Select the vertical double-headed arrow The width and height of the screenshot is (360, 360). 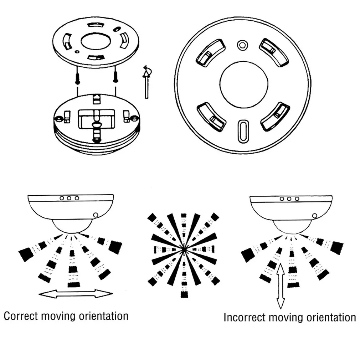pos(281,286)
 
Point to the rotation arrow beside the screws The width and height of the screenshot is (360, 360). pos(146,80)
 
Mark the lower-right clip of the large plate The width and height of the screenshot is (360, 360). pos(275,116)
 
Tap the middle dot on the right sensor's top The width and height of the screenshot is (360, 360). pos(289,199)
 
